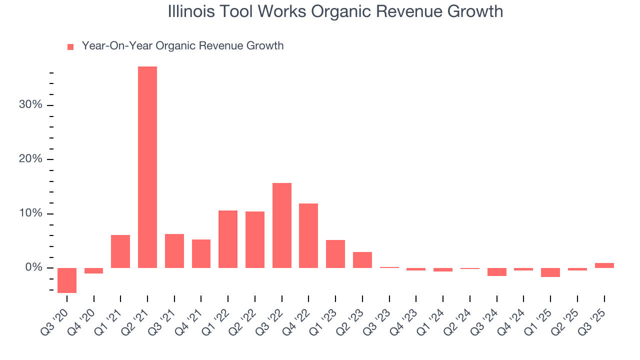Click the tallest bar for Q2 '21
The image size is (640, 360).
[147, 167]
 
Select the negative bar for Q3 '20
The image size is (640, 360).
[67, 280]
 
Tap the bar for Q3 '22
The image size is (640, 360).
[282, 225]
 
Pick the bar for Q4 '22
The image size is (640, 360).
[308, 235]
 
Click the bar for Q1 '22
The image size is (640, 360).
[228, 239]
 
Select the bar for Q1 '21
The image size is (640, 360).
[120, 251]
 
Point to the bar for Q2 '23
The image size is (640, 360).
[362, 260]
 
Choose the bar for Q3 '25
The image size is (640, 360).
[604, 265]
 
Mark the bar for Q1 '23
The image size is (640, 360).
[335, 254]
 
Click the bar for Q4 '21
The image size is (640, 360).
[201, 253]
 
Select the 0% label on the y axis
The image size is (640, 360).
[34, 268]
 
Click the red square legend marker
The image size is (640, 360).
[70, 47]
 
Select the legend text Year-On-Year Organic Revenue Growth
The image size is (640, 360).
[182, 46]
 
